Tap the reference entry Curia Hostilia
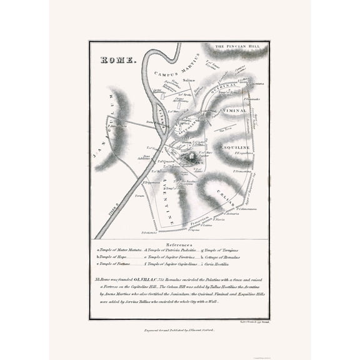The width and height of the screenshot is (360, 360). click(232, 264)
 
